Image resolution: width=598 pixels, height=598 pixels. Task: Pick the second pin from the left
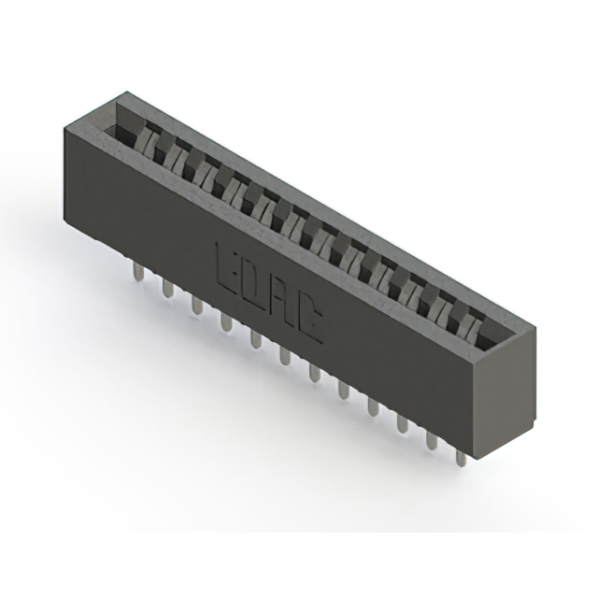pos(167,288)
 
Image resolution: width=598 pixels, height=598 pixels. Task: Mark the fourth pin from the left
pos(225,322)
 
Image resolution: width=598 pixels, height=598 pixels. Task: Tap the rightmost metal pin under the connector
pos(461,458)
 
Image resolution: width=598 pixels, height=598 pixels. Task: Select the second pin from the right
pos(432,441)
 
